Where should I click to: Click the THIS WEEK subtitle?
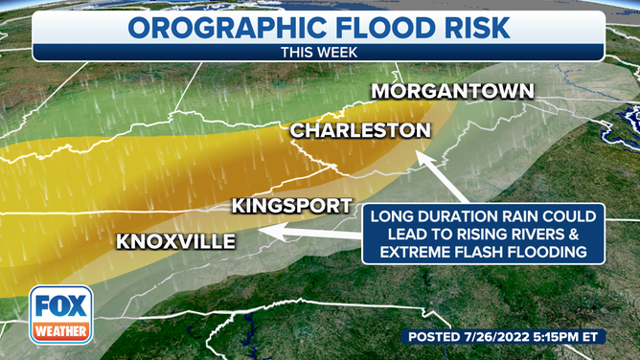coord(320,54)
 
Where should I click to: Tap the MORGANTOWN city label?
coord(452,91)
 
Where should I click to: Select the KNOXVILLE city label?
coord(175,240)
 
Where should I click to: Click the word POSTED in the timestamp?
coord(441,337)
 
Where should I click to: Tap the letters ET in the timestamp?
coord(613,337)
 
